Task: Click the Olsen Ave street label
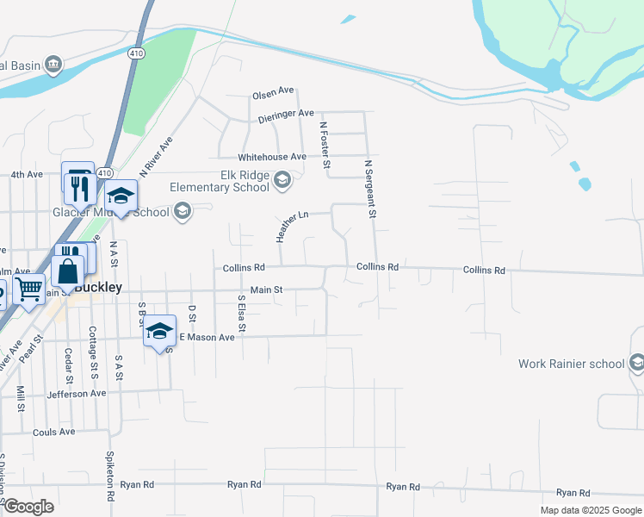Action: [273, 94]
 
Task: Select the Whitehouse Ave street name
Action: [272, 157]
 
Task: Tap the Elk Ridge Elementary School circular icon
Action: [282, 181]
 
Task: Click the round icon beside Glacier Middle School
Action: [182, 211]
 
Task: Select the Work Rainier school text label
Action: [571, 364]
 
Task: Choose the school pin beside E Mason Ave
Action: [160, 332]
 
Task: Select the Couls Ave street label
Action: [53, 432]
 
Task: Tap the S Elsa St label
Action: [242, 314]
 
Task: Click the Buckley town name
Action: [99, 288]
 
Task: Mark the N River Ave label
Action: [157, 154]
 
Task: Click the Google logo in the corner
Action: [28, 507]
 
